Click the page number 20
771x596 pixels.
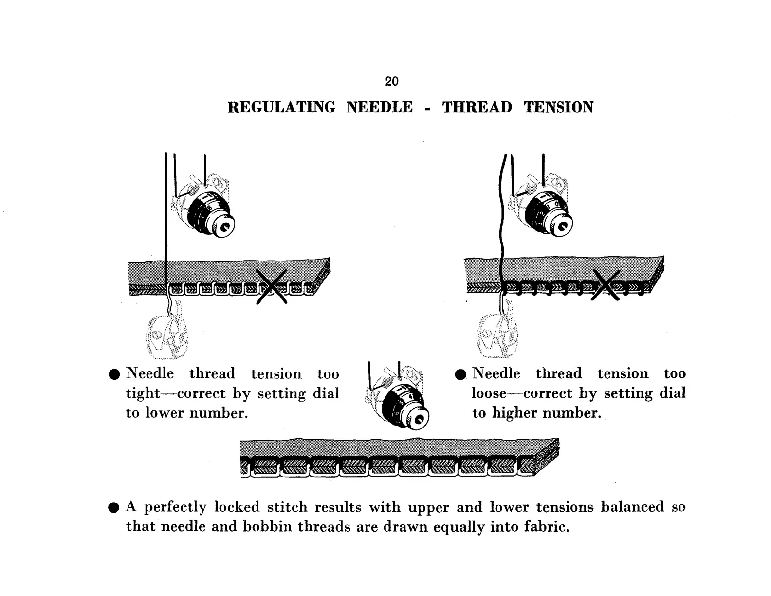point(391,81)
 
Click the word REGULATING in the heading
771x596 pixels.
point(281,107)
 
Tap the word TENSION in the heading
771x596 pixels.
point(558,107)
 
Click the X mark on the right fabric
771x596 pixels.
point(606,285)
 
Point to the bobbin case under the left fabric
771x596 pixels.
point(166,335)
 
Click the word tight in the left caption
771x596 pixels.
point(143,393)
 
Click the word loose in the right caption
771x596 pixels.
point(489,393)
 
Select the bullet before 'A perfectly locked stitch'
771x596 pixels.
point(114,508)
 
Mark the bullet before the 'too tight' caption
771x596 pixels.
point(114,374)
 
